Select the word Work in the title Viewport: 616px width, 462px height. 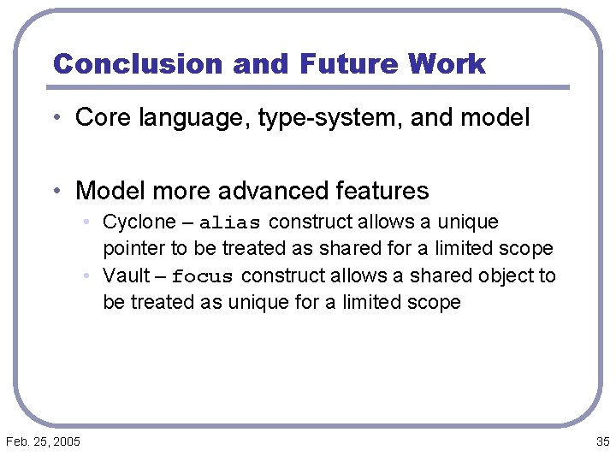tap(447, 64)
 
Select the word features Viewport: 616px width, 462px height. tap(379, 190)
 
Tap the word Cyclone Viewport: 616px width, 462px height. tap(139, 222)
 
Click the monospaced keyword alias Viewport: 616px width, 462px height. tap(230, 223)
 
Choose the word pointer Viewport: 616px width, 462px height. tap(129, 249)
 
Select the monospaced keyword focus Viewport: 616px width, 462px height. tap(203, 276)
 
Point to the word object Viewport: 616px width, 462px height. tap(503, 275)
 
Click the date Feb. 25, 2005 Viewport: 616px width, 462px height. tap(44, 441)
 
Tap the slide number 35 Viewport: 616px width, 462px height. tap(601, 441)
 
